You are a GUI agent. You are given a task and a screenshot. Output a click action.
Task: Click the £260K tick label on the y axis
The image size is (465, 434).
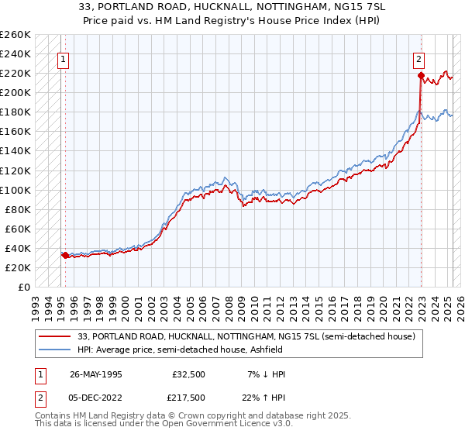(15, 35)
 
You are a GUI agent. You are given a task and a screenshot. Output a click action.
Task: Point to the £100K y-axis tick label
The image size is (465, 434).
(15, 190)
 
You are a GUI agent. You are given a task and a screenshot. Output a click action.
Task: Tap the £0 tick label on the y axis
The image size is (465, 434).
(23, 287)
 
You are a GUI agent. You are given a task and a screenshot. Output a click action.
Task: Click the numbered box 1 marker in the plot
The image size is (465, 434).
(62, 57)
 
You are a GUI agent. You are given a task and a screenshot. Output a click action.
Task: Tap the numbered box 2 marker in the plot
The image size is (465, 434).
(418, 57)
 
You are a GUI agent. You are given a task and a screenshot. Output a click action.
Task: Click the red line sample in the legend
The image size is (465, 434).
(56, 336)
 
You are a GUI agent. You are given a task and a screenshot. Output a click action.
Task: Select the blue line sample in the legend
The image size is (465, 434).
(56, 350)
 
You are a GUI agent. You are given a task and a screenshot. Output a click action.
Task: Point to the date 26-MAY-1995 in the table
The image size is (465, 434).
(96, 374)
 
